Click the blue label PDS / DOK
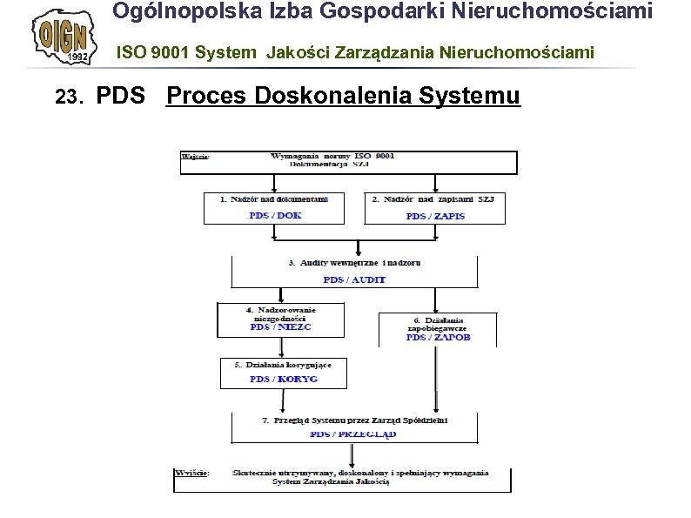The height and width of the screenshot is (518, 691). tap(274, 215)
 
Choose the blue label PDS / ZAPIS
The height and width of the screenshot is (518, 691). tap(435, 216)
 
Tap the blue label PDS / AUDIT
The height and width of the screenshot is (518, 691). tap(354, 279)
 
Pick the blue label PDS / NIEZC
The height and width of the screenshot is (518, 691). tap(280, 327)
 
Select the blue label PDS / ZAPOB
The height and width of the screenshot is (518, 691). tap(438, 337)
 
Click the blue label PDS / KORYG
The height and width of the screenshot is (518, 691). tap(284, 379)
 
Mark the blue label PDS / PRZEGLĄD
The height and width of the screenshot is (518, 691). tap(353, 433)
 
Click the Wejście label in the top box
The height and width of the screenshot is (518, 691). tap(195, 158)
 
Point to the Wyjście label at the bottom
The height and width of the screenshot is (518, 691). tap(191, 473)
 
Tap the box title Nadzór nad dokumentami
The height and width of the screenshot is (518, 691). tap(274, 199)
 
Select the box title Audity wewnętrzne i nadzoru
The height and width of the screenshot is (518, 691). tap(354, 262)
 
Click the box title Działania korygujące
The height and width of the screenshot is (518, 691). tap(283, 364)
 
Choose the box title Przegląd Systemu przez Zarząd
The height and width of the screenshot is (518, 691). tap(355, 420)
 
